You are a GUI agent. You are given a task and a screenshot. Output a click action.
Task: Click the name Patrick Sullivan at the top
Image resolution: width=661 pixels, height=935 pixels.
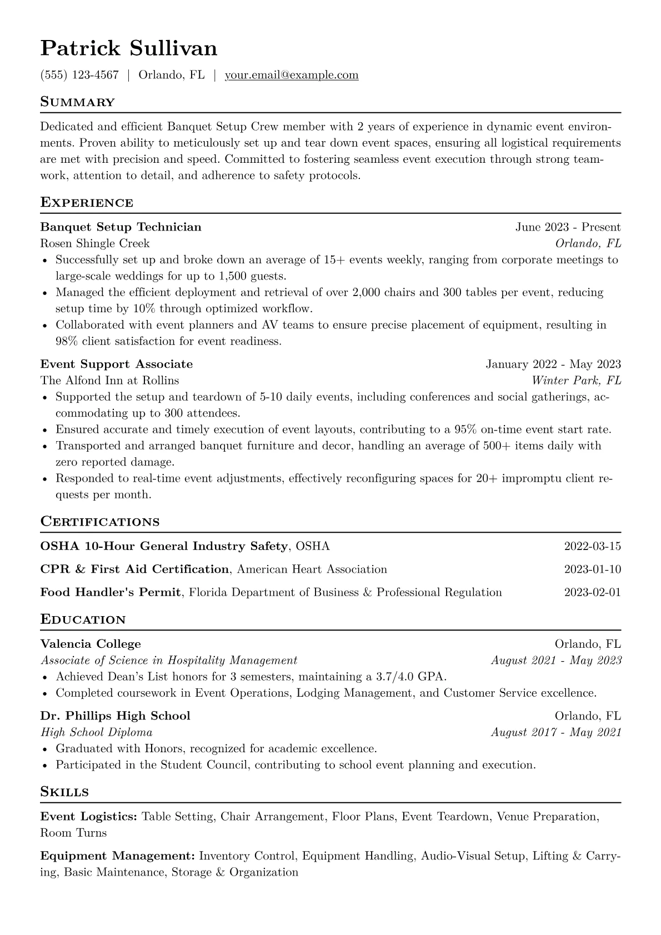(x=129, y=49)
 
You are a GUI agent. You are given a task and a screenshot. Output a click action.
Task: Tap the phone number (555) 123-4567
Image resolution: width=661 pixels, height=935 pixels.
(x=79, y=75)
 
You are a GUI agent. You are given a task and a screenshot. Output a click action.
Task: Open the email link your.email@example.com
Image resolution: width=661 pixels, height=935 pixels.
(x=292, y=75)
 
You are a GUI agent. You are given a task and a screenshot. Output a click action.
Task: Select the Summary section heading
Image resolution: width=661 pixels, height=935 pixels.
(x=78, y=102)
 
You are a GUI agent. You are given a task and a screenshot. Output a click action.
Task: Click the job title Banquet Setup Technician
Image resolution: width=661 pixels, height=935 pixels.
(x=121, y=227)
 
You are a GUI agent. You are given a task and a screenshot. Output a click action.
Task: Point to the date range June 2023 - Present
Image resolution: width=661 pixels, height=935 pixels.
(x=568, y=227)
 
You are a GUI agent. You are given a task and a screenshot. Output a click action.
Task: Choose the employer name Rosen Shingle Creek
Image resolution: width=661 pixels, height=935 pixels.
(x=95, y=243)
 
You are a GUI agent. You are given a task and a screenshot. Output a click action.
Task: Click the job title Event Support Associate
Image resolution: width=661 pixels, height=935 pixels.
(x=117, y=364)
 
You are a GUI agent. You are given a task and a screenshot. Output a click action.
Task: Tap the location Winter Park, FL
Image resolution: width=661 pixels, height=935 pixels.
(x=576, y=381)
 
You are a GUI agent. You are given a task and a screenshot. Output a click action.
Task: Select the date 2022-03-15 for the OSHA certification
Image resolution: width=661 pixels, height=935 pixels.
(x=592, y=546)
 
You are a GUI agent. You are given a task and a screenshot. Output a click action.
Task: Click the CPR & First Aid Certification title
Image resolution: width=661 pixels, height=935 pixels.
(x=134, y=569)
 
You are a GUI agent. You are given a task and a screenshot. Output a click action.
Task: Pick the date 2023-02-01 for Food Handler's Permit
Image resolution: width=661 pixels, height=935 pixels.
(x=592, y=592)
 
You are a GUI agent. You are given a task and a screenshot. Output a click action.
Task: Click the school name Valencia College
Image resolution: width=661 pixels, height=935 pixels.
(x=91, y=644)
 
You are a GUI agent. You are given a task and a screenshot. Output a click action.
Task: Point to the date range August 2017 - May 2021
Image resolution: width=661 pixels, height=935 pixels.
(x=556, y=732)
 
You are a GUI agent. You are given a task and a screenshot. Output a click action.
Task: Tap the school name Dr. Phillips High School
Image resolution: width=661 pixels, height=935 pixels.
(x=115, y=716)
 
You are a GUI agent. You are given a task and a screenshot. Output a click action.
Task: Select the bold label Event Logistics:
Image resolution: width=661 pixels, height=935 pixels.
(x=89, y=817)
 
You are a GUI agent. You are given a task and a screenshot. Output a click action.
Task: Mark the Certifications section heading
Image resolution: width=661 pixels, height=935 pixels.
(x=100, y=522)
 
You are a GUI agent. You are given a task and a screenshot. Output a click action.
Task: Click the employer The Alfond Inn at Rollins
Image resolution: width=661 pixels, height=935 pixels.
(x=109, y=381)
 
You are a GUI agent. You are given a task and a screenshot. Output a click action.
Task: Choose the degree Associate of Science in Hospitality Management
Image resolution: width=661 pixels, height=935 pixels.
(x=169, y=661)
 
